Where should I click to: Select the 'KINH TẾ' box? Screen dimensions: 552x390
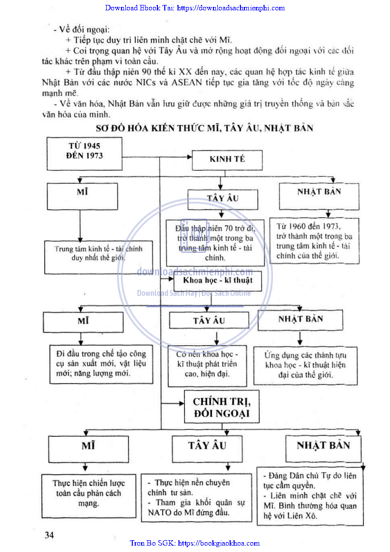[x=227, y=160]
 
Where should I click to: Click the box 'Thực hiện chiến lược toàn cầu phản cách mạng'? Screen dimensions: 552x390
[x=87, y=494]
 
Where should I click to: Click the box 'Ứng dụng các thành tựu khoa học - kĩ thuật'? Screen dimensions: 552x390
[x=305, y=365]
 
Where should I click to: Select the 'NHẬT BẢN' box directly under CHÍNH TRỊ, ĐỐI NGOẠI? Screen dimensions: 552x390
[x=323, y=446]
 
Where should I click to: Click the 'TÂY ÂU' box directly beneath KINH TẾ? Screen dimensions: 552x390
[x=222, y=198]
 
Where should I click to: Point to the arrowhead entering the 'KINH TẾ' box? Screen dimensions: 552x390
[x=189, y=158]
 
